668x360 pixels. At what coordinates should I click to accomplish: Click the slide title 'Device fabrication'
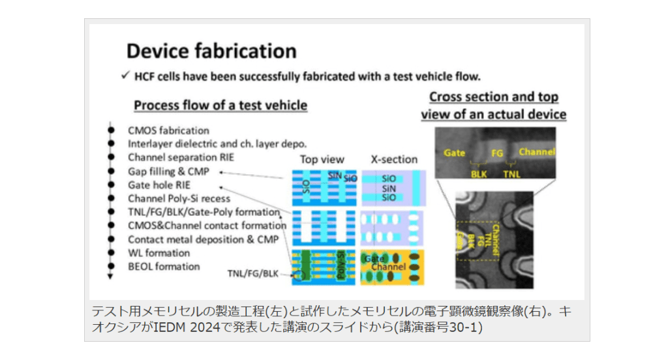pyautogui.click(x=211, y=51)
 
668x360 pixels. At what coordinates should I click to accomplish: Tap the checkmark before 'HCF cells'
pyautogui.click(x=124, y=76)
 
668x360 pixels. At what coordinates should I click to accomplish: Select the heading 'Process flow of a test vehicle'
pyautogui.click(x=220, y=106)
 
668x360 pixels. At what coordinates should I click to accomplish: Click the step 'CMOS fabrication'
pyautogui.click(x=168, y=130)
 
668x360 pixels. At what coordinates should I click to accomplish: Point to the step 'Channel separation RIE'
pyautogui.click(x=180, y=157)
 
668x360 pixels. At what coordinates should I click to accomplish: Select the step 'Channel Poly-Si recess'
pyautogui.click(x=179, y=198)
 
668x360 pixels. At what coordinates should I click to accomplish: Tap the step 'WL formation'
pyautogui.click(x=159, y=252)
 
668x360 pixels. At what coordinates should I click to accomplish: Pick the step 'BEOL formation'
pyautogui.click(x=163, y=266)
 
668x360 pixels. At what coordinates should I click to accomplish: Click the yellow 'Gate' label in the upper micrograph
pyautogui.click(x=454, y=153)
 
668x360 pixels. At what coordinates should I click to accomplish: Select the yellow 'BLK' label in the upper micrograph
pyautogui.click(x=479, y=174)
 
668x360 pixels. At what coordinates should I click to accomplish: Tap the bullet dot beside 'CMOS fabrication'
pyautogui.click(x=112, y=130)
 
